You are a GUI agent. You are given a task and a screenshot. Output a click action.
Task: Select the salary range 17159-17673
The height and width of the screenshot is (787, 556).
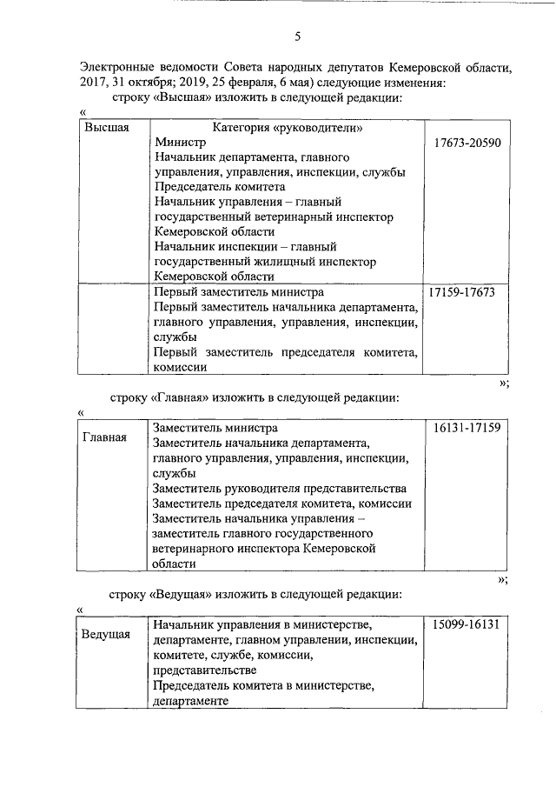(x=462, y=292)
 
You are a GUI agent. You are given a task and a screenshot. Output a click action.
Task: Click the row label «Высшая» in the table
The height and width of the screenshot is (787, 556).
(x=106, y=128)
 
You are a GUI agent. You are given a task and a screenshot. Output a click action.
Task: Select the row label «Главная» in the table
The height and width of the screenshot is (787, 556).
(x=105, y=437)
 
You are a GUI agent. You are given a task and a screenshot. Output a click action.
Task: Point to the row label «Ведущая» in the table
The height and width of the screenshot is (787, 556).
(x=106, y=634)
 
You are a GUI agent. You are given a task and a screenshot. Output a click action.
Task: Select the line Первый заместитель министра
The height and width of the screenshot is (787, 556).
(x=239, y=292)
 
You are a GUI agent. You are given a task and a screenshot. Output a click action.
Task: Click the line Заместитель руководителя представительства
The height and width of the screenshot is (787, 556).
(x=280, y=488)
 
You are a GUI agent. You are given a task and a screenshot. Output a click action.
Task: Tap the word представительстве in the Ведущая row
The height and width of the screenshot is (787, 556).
(x=204, y=670)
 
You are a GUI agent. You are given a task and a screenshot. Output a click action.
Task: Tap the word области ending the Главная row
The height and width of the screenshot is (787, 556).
(x=175, y=564)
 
